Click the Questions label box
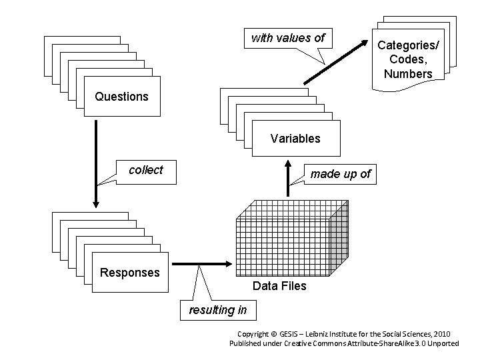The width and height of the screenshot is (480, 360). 121,97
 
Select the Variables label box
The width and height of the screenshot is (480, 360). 295,139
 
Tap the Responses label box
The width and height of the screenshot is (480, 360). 130,272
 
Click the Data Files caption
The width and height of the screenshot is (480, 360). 279,286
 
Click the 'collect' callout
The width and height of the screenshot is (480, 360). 145,170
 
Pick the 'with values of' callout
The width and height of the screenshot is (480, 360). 287,38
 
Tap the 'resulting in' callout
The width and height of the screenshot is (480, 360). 218,310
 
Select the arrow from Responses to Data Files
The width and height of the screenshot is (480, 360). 201,263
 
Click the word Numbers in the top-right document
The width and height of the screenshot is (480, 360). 408,74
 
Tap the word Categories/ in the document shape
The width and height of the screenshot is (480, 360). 408,45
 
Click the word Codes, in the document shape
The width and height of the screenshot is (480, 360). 408,59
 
